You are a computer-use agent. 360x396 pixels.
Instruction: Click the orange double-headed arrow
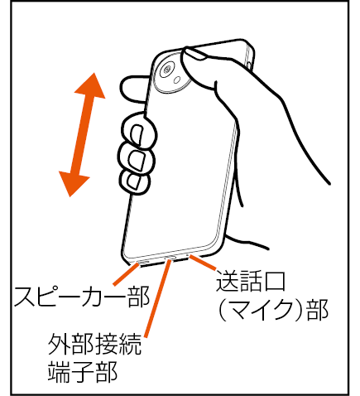click(82, 135)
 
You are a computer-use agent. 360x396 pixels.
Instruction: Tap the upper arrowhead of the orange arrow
click(91, 85)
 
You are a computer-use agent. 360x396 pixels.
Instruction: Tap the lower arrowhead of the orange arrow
click(73, 184)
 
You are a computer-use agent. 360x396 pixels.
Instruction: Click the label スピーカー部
click(82, 297)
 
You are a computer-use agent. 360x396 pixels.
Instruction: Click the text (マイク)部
click(273, 310)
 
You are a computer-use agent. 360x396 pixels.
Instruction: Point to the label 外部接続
click(94, 345)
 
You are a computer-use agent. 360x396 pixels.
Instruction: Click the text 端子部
click(83, 371)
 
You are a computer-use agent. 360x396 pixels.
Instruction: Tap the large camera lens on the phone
click(167, 70)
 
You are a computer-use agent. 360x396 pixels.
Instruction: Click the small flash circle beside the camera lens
click(177, 80)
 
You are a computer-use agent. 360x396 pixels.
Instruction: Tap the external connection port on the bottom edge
click(170, 258)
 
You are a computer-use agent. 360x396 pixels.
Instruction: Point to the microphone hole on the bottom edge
click(188, 256)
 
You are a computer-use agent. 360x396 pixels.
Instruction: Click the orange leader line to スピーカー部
click(126, 274)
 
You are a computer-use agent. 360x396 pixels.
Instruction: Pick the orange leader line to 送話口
click(203, 263)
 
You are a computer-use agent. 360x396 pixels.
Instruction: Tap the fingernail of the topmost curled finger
click(137, 134)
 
